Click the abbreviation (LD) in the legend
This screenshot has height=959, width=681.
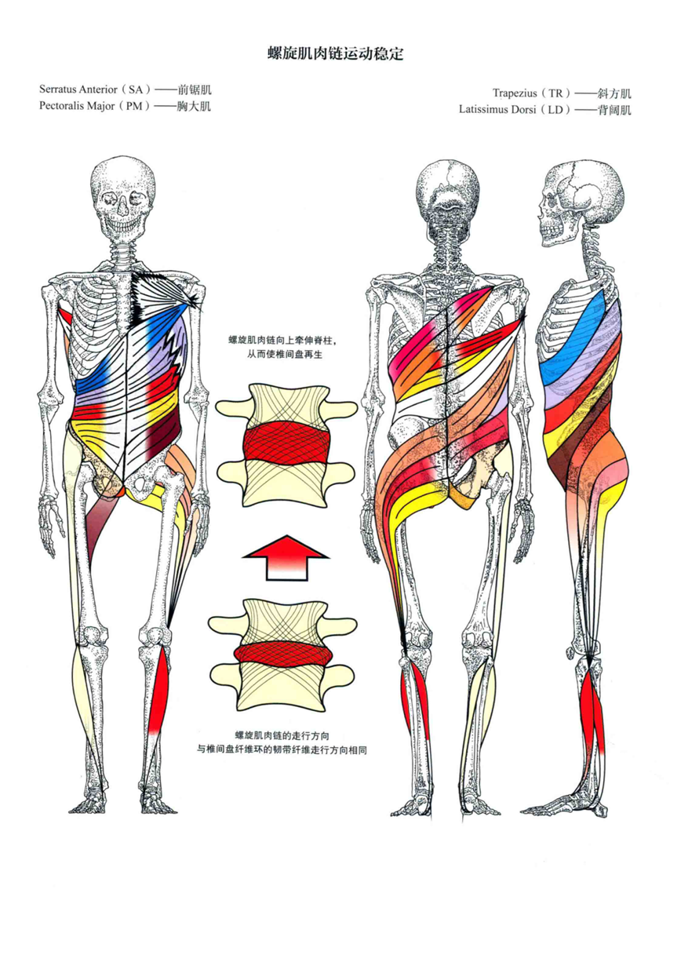pos(556,110)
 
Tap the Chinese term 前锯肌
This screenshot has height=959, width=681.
pos(195,90)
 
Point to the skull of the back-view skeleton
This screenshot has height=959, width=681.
pos(449,191)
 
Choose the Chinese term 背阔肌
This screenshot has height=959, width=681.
pos(614,110)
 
